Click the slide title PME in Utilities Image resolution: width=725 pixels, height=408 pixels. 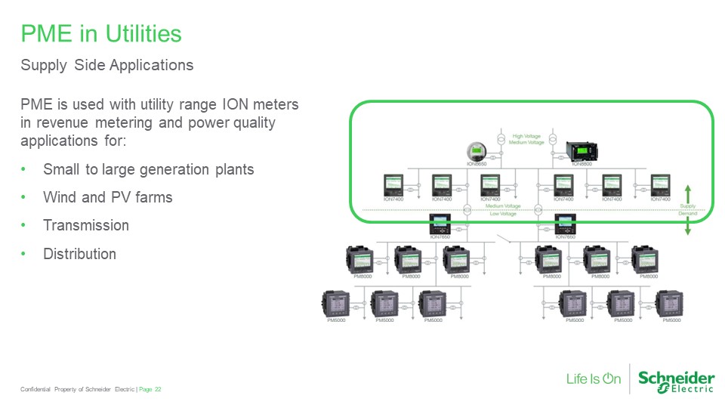(x=101, y=34)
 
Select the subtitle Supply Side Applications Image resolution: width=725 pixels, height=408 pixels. (x=106, y=65)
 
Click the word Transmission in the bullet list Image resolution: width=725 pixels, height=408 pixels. (x=86, y=225)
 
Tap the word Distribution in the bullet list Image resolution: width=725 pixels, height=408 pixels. (x=79, y=254)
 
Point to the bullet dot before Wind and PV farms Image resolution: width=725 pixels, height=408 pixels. (x=24, y=197)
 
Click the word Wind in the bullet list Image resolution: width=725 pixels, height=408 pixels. (x=60, y=197)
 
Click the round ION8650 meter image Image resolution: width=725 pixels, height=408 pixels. (x=477, y=149)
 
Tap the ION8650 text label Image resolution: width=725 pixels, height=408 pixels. (x=477, y=163)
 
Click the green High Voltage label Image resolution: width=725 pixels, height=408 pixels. (x=528, y=136)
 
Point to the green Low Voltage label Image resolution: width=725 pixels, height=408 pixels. (x=503, y=214)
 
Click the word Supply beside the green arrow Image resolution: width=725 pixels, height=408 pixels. (x=687, y=206)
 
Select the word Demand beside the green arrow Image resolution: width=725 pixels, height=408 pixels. (x=687, y=214)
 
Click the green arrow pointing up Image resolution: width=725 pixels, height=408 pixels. (x=687, y=192)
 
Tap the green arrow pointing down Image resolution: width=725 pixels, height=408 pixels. (x=687, y=227)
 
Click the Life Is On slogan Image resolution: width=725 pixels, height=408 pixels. (x=594, y=379)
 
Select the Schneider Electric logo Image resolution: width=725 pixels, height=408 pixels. (x=676, y=381)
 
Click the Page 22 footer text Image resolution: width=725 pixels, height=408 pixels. (x=150, y=389)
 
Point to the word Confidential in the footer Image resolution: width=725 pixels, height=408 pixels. (x=35, y=389)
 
